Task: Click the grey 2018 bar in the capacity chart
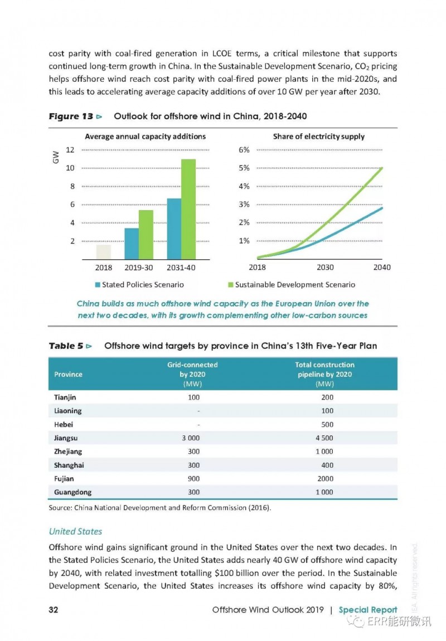pos(104,252)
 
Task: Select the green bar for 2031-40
pos(188,210)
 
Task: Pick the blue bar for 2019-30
pos(132,244)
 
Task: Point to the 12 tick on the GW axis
pos(70,149)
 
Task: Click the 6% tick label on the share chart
pos(244,149)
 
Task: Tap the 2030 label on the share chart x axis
pos(325,268)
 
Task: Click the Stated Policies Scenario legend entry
pos(139,284)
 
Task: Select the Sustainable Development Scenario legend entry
pos(292,284)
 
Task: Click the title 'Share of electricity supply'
pos(319,137)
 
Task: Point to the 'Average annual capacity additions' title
pos(145,137)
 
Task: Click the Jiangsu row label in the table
pos(65,438)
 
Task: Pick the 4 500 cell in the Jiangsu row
pos(324,438)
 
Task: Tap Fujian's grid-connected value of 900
pos(194,479)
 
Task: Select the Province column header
pos(68,375)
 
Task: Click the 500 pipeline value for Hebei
pos(327,424)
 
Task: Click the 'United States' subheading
pos(76,531)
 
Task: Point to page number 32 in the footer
pos(53,610)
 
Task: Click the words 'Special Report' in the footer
pos(368,610)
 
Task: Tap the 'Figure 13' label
pos(71,116)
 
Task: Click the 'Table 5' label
pos(66,346)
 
